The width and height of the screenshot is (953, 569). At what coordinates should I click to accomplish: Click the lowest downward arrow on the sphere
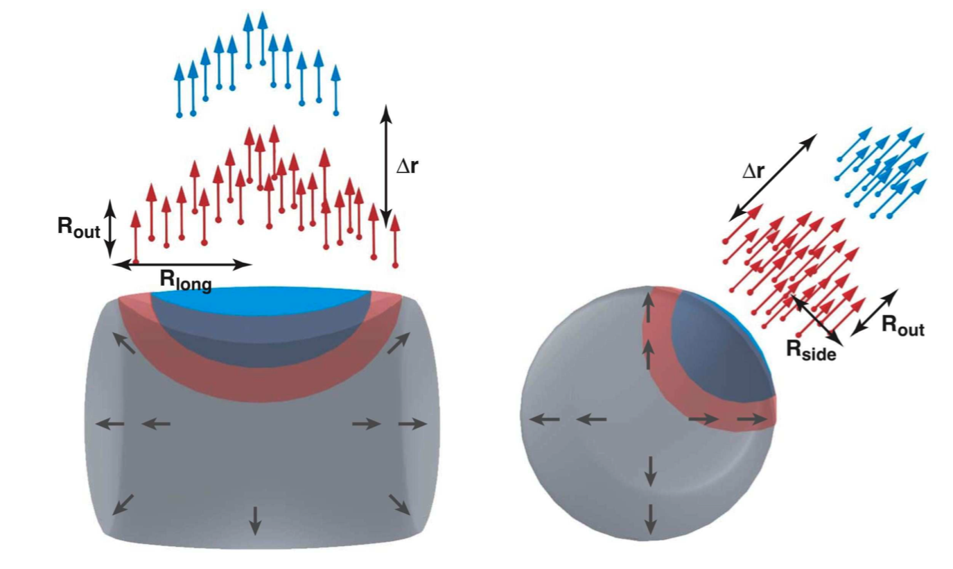click(x=650, y=517)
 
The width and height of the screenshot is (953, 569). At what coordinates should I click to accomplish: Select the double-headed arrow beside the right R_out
click(x=874, y=312)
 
